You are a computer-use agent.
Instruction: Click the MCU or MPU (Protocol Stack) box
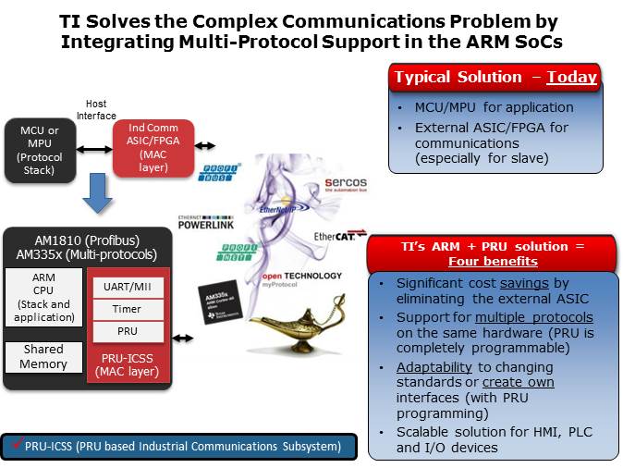tap(40, 149)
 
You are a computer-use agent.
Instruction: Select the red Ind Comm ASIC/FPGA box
tap(153, 147)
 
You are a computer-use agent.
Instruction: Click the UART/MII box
tap(127, 287)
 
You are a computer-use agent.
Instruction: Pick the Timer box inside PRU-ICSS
tap(127, 310)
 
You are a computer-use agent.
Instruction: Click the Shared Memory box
tap(44, 356)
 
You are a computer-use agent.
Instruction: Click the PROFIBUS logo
tap(219, 171)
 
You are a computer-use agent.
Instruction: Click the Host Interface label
tap(102, 109)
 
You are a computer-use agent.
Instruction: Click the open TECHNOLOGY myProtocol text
tap(300, 279)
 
